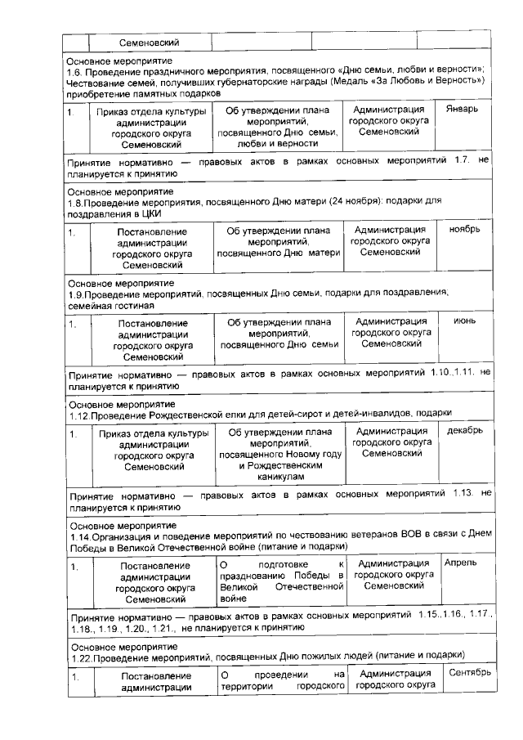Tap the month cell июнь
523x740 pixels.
pos(465,321)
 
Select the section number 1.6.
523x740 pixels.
pos(76,70)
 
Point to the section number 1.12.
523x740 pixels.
pos(79,414)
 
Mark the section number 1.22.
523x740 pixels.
pos(79,655)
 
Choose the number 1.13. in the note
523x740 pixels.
pos(463,495)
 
